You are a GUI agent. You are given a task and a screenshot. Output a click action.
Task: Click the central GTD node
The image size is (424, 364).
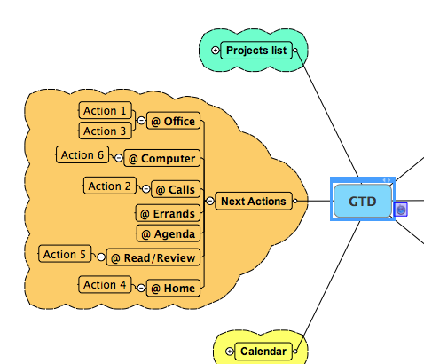point(363,201)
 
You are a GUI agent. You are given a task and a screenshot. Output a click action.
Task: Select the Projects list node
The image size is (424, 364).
point(256,51)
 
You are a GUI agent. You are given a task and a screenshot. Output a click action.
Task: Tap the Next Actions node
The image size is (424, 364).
point(254,202)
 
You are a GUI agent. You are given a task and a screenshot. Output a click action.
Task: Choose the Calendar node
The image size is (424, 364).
point(263,352)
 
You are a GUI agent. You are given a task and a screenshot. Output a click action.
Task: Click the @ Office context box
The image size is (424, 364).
point(173,121)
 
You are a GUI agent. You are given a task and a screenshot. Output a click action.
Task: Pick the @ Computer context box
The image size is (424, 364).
point(162,158)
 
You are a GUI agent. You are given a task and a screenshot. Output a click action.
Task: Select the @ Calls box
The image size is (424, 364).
point(176,189)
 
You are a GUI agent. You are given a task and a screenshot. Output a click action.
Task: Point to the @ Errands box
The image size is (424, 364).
point(168,213)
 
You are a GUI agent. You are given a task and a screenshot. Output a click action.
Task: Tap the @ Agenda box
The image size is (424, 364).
point(169,233)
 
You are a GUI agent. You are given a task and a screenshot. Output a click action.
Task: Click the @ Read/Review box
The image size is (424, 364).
point(153,257)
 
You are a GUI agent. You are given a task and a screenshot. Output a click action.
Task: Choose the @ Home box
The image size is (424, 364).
point(173,288)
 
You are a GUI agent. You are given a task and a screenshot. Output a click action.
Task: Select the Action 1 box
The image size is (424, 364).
point(105,110)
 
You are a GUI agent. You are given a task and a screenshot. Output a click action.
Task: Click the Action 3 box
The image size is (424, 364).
point(105,131)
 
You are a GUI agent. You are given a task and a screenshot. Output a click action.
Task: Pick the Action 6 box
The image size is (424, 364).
point(82,154)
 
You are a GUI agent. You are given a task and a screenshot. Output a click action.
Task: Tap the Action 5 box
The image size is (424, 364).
point(65,254)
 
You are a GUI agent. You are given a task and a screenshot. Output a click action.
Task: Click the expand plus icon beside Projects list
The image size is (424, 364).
point(216,51)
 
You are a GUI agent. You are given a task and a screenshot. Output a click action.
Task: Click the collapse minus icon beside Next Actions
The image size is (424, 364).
point(209,202)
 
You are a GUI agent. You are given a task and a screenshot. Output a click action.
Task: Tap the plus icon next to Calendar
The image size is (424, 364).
point(230,352)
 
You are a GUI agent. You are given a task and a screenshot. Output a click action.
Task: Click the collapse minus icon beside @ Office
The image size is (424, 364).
point(141,121)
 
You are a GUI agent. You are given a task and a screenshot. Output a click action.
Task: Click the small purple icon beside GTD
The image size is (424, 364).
point(401,210)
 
